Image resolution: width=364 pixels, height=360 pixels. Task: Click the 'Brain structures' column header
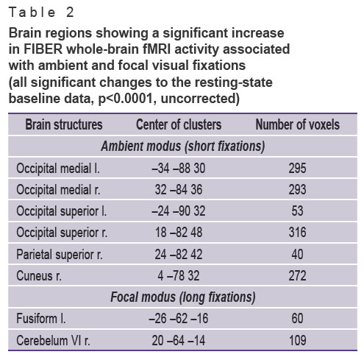click(64, 124)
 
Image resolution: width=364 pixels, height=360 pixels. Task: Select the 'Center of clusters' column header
click(179, 124)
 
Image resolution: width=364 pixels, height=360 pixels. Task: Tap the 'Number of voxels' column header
click(298, 124)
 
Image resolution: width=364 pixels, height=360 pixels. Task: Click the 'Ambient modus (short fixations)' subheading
click(183, 147)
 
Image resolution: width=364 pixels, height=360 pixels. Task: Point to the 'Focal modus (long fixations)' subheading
click(183, 297)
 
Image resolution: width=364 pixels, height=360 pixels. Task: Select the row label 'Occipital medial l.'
click(58, 169)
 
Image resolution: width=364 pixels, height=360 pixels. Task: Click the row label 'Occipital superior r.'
click(62, 233)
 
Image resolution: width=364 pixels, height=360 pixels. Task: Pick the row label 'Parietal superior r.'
click(60, 254)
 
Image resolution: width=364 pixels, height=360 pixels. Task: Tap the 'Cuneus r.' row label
click(39, 275)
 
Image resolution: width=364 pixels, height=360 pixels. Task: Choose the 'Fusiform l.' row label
click(41, 319)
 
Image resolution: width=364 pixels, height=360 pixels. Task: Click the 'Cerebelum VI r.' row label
click(53, 340)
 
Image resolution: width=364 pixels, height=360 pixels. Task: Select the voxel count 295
click(297, 169)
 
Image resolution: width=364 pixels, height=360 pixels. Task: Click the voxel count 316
click(297, 233)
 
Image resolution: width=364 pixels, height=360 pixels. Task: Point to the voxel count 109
click(297, 340)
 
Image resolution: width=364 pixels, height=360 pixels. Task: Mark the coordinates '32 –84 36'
click(179, 190)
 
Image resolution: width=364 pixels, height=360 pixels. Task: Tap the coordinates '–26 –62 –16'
click(179, 319)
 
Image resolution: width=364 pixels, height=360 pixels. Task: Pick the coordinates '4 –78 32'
click(179, 275)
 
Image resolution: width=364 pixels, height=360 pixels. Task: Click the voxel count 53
click(297, 211)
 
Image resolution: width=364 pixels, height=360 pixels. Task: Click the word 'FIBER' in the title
click(43, 49)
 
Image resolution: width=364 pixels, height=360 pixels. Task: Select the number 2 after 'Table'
click(70, 13)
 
